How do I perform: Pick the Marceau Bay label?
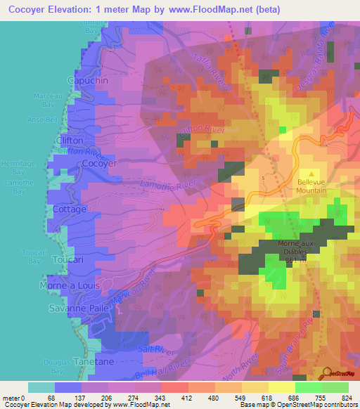[x=46, y=100]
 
